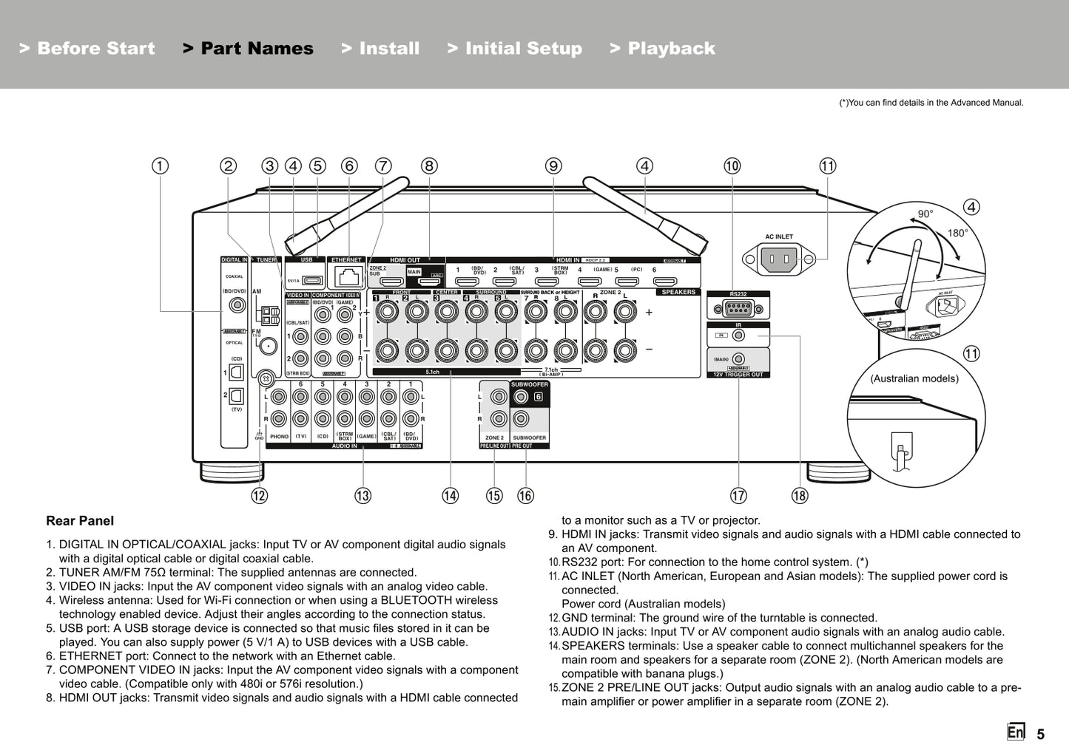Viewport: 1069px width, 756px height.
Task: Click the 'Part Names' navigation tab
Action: coord(248,49)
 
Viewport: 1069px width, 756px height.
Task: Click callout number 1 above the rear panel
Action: coord(160,166)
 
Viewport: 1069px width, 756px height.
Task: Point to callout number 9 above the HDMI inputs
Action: coord(553,166)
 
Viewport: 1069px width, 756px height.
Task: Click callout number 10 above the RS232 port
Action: coord(732,166)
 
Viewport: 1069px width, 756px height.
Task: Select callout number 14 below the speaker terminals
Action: coord(450,496)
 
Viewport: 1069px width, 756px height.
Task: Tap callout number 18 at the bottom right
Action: coord(800,496)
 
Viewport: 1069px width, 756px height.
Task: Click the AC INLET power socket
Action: coord(779,259)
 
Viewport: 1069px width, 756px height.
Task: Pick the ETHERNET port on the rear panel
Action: coord(346,277)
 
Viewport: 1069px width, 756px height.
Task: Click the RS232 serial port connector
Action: coord(738,309)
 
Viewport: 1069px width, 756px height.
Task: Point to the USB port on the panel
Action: coord(311,280)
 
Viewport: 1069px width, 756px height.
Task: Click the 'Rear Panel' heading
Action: coord(80,521)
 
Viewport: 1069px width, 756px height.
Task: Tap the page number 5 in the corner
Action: coord(1040,734)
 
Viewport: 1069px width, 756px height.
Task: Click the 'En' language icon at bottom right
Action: coord(1015,732)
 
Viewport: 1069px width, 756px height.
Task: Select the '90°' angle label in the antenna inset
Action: coord(925,214)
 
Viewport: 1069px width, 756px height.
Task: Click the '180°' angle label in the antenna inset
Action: coord(957,234)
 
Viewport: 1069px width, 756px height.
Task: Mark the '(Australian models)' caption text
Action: coord(914,378)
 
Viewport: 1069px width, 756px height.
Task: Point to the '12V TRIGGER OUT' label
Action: coord(738,375)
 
